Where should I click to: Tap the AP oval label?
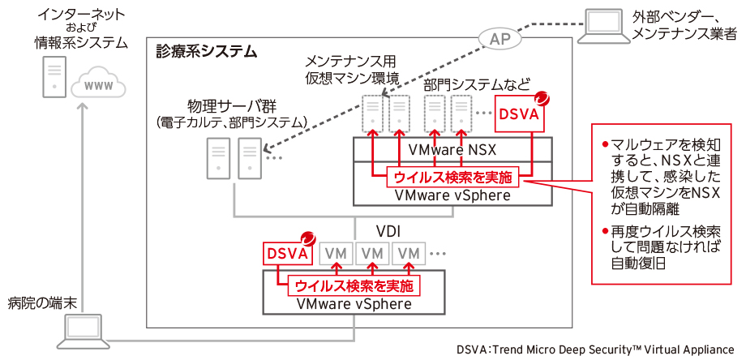pyautogui.click(x=496, y=38)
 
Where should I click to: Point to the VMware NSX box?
pyautogui.click(x=452, y=150)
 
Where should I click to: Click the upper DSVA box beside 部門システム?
pyautogui.click(x=519, y=114)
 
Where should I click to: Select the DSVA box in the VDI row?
pyautogui.click(x=287, y=253)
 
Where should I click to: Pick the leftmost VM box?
pyautogui.click(x=337, y=253)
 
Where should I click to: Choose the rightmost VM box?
pyautogui.click(x=410, y=253)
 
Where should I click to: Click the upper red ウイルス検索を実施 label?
pyautogui.click(x=452, y=176)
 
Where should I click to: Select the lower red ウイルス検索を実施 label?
pyautogui.click(x=353, y=285)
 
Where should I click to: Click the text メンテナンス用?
pyautogui.click(x=350, y=61)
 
